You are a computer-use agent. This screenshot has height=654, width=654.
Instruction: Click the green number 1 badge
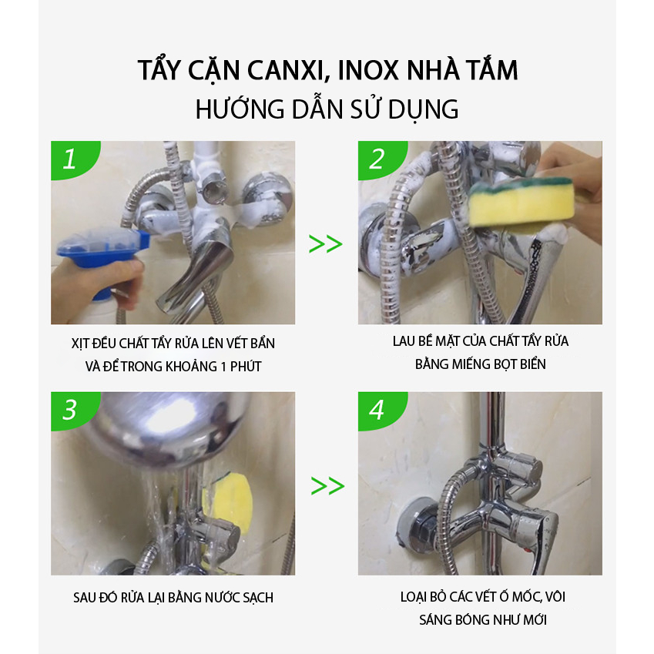(x=73, y=159)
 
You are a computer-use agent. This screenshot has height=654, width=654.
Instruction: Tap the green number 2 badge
(x=380, y=159)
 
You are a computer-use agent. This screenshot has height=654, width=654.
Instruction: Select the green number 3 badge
(x=73, y=410)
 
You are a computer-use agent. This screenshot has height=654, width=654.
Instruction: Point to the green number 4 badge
(x=380, y=410)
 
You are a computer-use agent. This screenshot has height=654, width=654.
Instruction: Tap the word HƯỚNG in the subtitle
(x=240, y=109)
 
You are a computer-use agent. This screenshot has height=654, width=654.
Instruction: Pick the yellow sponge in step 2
(x=522, y=203)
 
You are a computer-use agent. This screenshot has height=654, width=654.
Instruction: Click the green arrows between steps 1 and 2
(x=325, y=244)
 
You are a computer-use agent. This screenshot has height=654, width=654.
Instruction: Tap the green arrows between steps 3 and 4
(x=327, y=486)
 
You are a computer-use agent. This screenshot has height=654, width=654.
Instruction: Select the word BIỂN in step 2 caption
(x=532, y=364)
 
